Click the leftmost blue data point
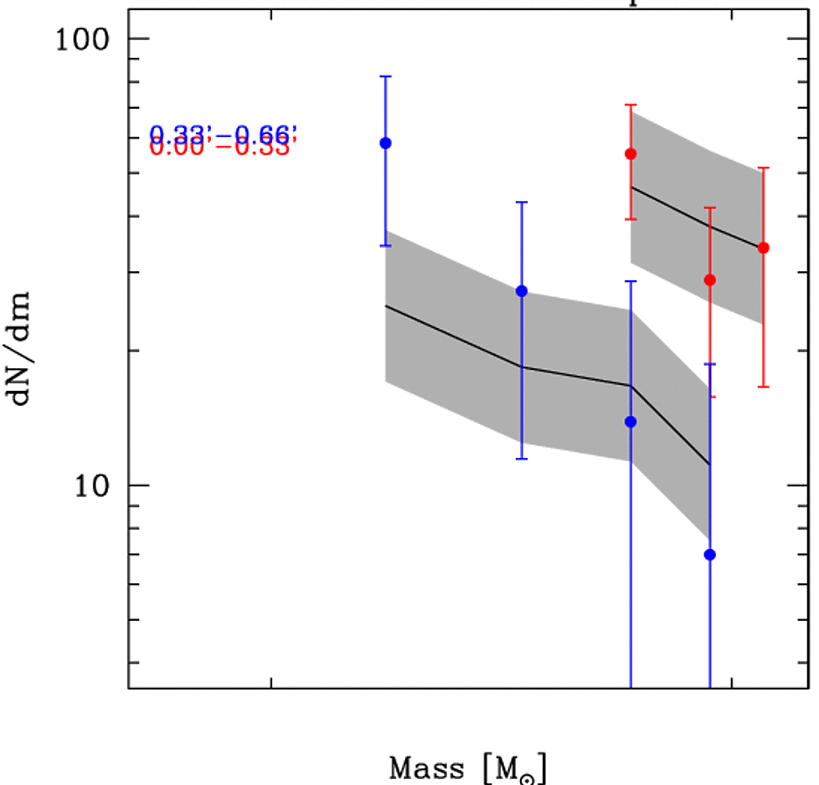click(386, 143)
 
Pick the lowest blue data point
click(710, 554)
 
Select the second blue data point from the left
click(522, 291)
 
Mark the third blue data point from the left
click(631, 422)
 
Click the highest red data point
click(631, 154)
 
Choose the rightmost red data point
click(763, 248)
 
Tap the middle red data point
click(710, 280)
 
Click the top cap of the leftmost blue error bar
click(386, 76)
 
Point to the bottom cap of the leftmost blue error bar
click(386, 246)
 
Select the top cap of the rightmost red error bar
click(763, 168)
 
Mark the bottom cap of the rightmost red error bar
click(763, 387)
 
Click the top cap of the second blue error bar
click(522, 203)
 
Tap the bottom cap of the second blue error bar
click(522, 459)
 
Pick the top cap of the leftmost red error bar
click(631, 105)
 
